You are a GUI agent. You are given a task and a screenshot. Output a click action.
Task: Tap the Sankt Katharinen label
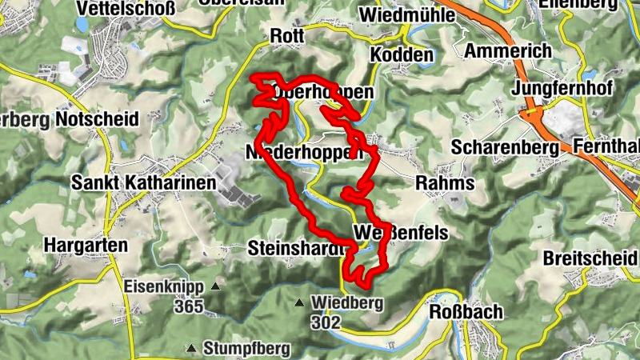(x=144, y=183)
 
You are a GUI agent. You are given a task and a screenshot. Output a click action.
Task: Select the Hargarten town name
(x=86, y=245)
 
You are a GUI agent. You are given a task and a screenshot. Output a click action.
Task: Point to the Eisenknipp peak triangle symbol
(x=214, y=286)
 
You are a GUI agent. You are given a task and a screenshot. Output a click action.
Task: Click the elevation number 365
(x=190, y=305)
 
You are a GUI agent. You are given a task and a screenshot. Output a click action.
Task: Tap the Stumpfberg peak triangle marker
(x=192, y=348)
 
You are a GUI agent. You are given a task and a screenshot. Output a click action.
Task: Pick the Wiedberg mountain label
(x=348, y=303)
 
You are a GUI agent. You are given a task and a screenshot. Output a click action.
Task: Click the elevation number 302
(x=327, y=322)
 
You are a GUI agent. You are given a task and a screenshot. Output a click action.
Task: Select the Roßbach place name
(x=466, y=312)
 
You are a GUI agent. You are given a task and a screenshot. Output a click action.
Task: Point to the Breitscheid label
(x=590, y=258)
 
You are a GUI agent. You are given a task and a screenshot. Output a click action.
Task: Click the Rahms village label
(x=445, y=183)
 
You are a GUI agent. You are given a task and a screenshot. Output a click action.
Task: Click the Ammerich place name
(x=508, y=50)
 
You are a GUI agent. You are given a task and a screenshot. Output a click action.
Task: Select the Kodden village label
(x=402, y=55)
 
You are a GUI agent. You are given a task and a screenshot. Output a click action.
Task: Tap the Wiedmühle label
(x=401, y=15)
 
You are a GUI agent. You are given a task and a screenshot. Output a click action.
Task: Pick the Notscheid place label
(x=98, y=120)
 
